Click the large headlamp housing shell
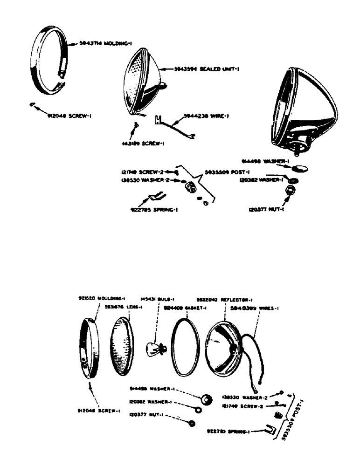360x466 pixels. pos(303,107)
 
